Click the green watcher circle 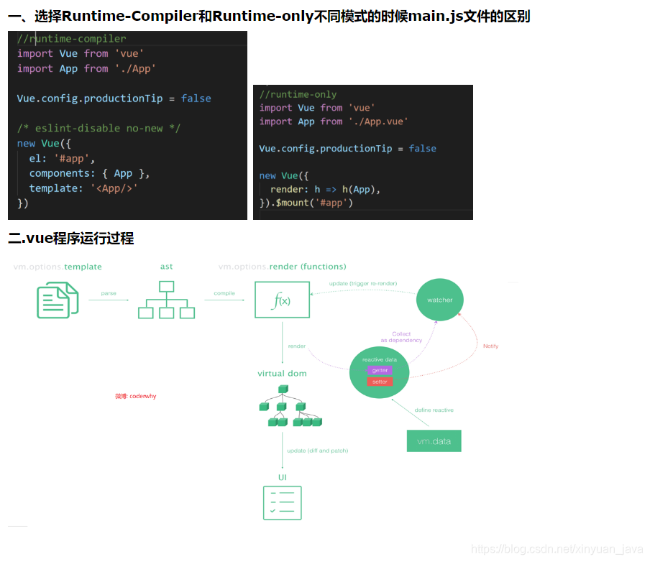tap(440, 300)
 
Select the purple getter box tap(380, 370)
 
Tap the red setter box tap(380, 382)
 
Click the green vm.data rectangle tap(434, 441)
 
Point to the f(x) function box tap(282, 300)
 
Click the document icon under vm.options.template tap(58, 300)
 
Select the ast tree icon tap(167, 300)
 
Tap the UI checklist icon tap(282, 502)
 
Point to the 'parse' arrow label tap(109, 293)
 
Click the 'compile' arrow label tap(224, 293)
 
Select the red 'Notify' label tap(490, 346)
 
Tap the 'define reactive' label tap(434, 410)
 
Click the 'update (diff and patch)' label tap(317, 451)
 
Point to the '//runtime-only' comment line tap(298, 94)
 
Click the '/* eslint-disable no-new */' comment tap(99, 128)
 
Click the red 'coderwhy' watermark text tap(136, 396)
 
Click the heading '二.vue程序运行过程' tap(70, 239)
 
